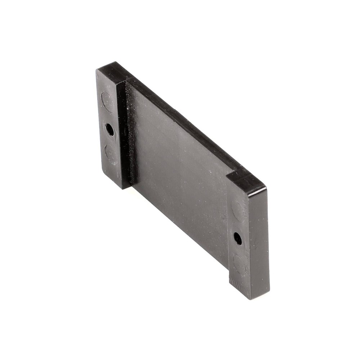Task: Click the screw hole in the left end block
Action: (110, 129)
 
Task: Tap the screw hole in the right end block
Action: (238, 238)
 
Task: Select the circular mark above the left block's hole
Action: (107, 102)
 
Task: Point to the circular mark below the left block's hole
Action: (111, 154)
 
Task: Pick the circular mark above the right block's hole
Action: (238, 211)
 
